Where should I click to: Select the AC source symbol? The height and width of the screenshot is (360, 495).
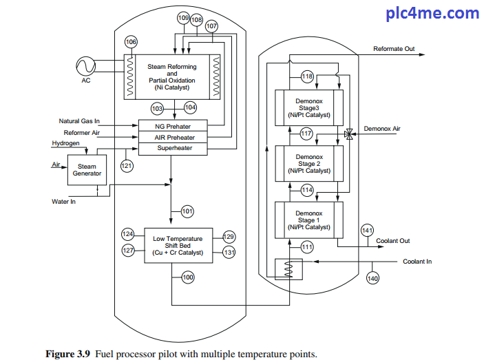86,66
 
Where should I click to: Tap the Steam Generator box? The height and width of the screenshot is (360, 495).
87,170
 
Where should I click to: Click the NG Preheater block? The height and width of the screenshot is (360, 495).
173,127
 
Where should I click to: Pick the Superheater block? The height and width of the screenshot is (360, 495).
173,148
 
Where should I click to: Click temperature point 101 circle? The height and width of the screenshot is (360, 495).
187,211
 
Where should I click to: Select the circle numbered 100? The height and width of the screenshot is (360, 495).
187,277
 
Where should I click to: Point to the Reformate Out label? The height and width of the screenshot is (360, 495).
394,49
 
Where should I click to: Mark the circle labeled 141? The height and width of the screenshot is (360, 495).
367,230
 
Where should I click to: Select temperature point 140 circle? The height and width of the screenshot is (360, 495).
372,278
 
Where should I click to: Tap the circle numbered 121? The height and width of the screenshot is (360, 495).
127,166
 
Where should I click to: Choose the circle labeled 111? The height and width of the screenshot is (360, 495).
307,246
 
